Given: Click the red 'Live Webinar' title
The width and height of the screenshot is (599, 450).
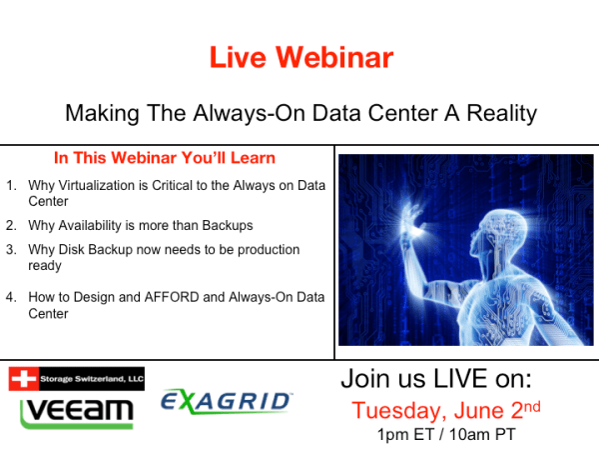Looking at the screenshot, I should (300, 58).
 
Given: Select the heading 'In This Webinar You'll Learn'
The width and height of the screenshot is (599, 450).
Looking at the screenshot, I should (165, 158).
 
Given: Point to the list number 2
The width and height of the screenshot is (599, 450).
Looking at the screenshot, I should (10, 225).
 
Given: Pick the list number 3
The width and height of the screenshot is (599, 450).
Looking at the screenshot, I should (10, 249).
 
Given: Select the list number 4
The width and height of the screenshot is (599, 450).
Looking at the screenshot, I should (10, 297).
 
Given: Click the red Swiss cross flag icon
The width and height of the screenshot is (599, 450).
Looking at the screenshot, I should (23, 378).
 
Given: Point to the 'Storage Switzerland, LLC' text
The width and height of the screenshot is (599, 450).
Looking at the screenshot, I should (91, 378).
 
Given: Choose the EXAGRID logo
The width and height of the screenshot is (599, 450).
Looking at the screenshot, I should (227, 402).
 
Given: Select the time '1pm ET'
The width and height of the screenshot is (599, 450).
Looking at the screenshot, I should (404, 435).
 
